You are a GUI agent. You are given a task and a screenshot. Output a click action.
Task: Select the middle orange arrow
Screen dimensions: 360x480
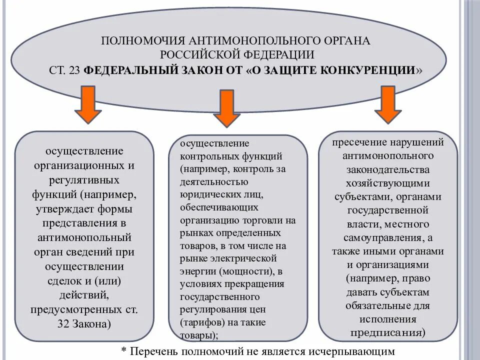[226, 108]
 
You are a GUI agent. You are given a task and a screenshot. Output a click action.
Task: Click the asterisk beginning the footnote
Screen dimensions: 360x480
[124, 351]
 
